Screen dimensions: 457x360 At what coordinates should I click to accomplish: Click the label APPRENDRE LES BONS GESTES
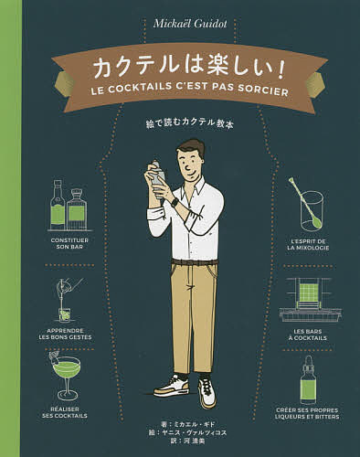(67, 334)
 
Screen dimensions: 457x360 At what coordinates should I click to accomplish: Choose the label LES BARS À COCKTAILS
(309, 334)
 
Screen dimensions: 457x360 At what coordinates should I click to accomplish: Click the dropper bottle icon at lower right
(309, 379)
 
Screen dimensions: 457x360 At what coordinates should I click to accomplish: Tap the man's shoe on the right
(207, 394)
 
